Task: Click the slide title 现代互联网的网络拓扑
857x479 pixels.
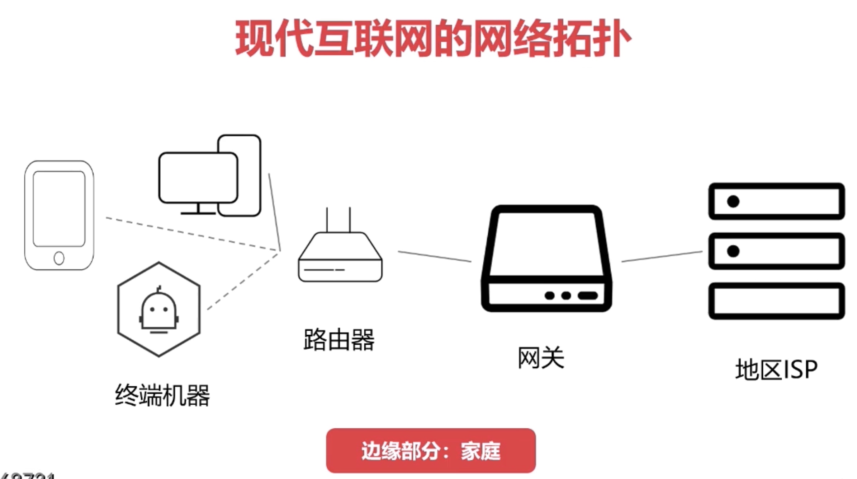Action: coord(433,38)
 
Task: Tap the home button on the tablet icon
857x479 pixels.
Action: coord(59,258)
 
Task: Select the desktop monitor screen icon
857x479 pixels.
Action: coord(198,178)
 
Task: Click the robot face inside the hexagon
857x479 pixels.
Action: coord(159,310)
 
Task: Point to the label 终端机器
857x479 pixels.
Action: coord(162,395)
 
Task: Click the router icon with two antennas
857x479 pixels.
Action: coord(340,257)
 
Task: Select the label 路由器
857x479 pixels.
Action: coord(339,339)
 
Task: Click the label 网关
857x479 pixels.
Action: coord(541,358)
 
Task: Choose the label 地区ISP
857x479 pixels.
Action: coord(776,369)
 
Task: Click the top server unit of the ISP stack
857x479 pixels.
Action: coord(777,201)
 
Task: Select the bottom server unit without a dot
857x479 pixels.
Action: coord(777,301)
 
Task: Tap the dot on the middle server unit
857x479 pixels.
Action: coord(733,251)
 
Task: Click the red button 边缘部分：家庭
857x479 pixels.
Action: coord(431,451)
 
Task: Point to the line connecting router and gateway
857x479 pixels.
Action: coord(434,256)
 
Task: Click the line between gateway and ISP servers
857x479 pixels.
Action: coord(662,256)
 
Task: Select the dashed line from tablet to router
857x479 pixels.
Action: coord(190,234)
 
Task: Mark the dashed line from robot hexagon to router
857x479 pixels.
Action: coord(242,281)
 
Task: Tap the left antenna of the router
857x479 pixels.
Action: coord(327,219)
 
